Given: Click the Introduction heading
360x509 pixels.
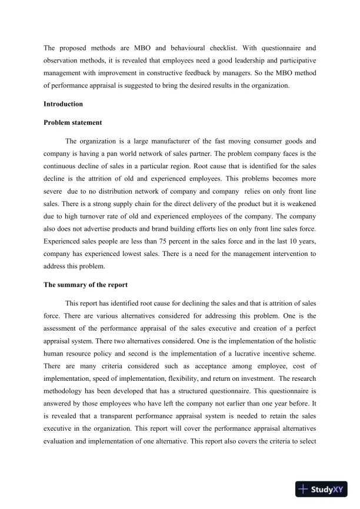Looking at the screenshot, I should (x=63, y=104).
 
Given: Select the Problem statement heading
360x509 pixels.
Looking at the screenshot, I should (x=73, y=123).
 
